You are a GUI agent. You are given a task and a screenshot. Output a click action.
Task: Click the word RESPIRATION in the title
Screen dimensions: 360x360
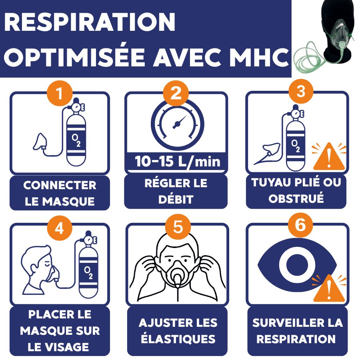(90, 22)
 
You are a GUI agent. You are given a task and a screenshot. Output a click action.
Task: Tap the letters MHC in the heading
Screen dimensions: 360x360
(259, 57)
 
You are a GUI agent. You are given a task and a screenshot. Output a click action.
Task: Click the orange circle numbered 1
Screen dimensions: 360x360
(60, 93)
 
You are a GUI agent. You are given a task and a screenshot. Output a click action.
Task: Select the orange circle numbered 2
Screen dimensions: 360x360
(176, 93)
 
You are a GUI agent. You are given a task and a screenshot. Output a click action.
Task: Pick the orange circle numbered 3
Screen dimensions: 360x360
(301, 92)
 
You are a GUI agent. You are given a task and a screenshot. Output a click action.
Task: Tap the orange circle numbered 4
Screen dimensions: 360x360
(60, 228)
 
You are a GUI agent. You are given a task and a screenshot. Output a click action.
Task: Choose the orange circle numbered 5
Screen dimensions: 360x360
(178, 227)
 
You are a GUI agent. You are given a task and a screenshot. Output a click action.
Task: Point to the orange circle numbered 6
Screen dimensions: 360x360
(300, 225)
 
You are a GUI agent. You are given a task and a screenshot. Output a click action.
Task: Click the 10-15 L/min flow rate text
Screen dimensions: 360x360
(177, 162)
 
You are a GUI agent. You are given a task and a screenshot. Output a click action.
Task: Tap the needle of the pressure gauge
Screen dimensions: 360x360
(179, 122)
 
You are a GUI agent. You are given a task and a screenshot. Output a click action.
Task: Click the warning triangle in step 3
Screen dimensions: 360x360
(329, 156)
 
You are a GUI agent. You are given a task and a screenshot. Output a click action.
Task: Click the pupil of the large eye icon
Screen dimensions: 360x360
(297, 265)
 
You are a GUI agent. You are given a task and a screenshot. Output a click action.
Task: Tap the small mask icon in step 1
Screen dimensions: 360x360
(40, 142)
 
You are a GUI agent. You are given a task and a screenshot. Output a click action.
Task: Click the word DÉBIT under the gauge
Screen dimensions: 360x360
(176, 199)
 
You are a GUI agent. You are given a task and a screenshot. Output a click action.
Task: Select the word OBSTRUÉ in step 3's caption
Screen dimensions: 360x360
(296, 198)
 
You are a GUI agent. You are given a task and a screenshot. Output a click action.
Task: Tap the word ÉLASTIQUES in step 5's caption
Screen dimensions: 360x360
(178, 339)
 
